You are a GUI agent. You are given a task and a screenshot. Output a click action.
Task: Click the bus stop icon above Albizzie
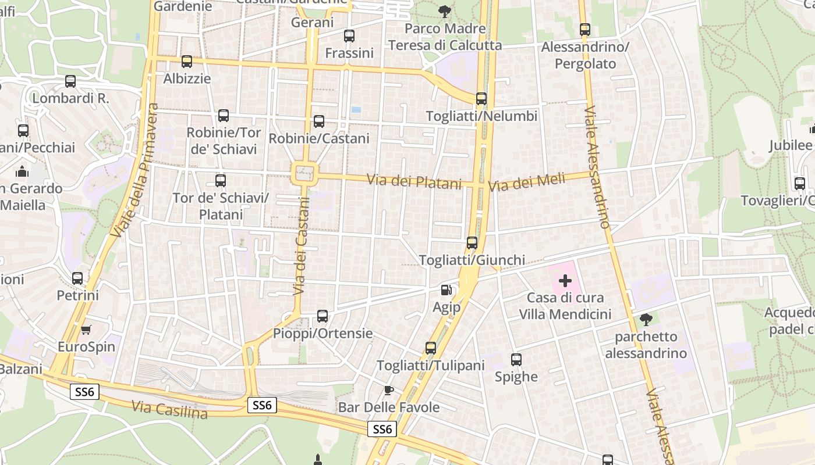(187, 61)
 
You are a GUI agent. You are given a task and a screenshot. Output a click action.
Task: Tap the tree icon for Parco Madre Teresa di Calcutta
(445, 11)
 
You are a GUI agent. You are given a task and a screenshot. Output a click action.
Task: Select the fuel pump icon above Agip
(446, 289)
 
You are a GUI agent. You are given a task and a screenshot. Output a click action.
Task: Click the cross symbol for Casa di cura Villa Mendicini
(565, 281)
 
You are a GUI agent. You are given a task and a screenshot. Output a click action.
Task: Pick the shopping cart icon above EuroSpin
(86, 330)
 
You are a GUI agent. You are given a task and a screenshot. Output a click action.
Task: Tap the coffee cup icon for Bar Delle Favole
(388, 390)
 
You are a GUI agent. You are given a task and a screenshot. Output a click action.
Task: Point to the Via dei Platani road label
(414, 181)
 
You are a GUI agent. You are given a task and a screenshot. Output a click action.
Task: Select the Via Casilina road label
(169, 409)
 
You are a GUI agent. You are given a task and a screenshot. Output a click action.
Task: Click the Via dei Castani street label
(301, 246)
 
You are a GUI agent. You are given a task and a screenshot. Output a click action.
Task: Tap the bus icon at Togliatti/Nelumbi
(481, 99)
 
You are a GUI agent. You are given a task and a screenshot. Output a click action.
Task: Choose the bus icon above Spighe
(516, 360)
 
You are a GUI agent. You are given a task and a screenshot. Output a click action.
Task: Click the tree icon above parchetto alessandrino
(646, 319)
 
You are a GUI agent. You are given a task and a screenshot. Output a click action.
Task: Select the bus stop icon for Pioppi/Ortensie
(323, 316)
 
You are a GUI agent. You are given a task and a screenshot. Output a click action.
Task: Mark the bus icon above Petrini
(77, 278)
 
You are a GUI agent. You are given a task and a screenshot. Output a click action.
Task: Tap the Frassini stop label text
(349, 53)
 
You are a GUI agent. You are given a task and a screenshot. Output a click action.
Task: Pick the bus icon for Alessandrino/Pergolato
(585, 30)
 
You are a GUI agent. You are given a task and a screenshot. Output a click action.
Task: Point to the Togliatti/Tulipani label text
(431, 366)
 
